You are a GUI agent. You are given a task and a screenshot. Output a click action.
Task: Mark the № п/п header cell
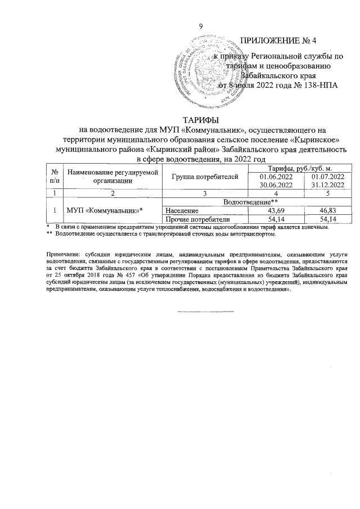coord(55,176)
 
